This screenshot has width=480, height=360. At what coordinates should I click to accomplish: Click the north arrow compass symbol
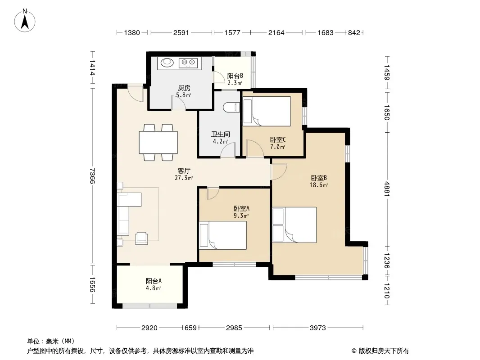[x=25, y=21]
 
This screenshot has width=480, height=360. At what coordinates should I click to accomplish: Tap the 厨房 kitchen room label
[x=184, y=88]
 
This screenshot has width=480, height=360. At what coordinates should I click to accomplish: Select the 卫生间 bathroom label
[x=220, y=134]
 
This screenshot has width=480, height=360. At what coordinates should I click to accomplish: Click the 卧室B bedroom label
[x=319, y=178]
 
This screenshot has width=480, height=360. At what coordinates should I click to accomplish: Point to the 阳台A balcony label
[x=154, y=281]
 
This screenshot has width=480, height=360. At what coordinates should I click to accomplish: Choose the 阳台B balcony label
[x=235, y=76]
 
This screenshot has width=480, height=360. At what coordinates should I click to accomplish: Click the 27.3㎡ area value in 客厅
[x=184, y=178]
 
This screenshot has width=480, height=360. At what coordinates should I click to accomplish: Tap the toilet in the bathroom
[x=232, y=108]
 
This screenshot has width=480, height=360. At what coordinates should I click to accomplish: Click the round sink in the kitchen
[x=167, y=63]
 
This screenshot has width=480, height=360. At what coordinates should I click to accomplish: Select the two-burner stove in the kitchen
[x=188, y=63]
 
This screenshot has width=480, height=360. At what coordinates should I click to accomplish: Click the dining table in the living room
[x=158, y=142]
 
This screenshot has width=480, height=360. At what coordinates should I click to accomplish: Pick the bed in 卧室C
[x=267, y=111]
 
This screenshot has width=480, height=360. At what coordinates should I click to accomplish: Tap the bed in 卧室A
[x=223, y=235]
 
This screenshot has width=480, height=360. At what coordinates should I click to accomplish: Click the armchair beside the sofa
[x=141, y=238]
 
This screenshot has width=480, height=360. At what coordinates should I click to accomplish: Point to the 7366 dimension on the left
[x=92, y=176]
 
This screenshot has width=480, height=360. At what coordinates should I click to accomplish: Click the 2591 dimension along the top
[x=181, y=33]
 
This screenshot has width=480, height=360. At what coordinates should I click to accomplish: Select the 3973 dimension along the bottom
[x=318, y=328]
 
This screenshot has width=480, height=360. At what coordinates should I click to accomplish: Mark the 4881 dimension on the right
[x=387, y=189]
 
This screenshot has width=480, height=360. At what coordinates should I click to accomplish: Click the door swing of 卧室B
[x=279, y=171]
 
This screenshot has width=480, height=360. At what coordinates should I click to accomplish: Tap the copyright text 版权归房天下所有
[x=384, y=351]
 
